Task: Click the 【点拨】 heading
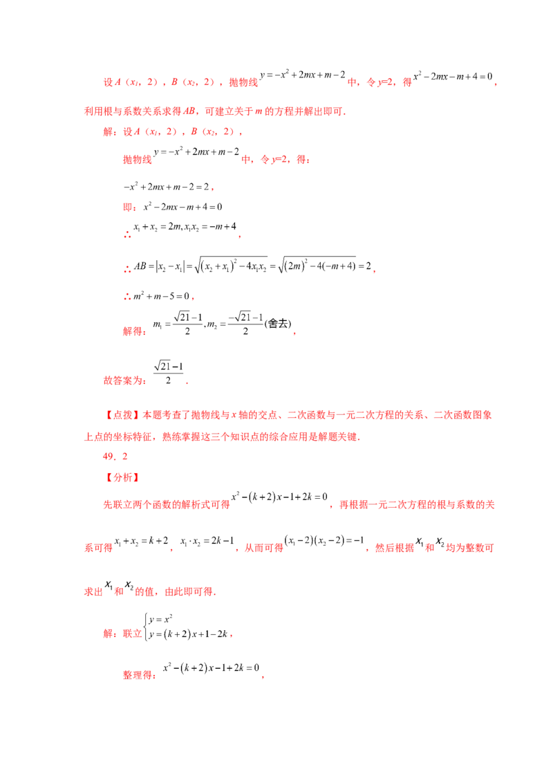[x=123, y=414]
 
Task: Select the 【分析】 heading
[x=123, y=477]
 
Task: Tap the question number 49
[x=109, y=457]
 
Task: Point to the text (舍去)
[x=277, y=324]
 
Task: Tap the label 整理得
[x=138, y=675]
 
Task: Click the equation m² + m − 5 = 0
[x=161, y=296]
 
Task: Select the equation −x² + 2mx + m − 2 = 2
[x=166, y=187]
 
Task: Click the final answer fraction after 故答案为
[x=168, y=372]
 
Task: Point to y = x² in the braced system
[x=160, y=619]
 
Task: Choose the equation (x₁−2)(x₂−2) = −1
[x=324, y=540]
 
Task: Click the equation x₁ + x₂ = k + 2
[x=141, y=541]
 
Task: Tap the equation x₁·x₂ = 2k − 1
[x=207, y=541]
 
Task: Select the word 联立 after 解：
[x=133, y=634]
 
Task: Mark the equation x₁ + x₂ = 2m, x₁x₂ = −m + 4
[x=185, y=227]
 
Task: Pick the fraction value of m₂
[x=245, y=324]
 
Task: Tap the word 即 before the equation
[x=129, y=207]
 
